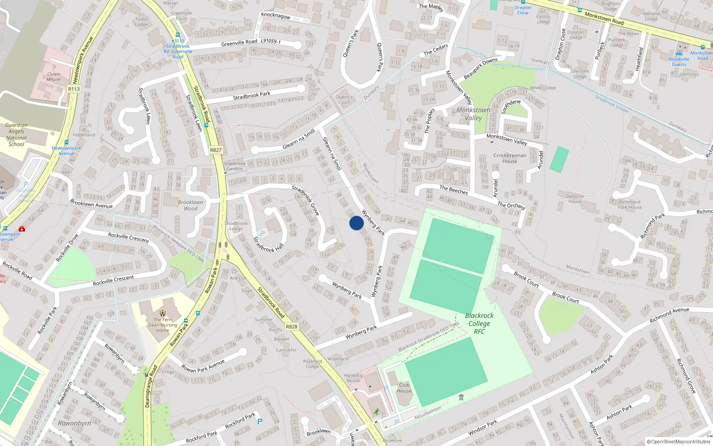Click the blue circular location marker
356,223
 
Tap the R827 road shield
216,150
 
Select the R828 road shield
291,326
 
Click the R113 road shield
74,89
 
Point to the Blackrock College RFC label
479,323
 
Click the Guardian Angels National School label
16,135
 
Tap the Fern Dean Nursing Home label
163,325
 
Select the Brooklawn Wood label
190,205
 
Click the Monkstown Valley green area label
473,114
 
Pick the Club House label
404,388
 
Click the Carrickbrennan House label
510,158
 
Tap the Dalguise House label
575,198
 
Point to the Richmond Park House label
630,204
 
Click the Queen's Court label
344,99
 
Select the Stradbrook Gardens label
235,166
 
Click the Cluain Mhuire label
53,77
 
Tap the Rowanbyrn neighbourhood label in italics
74,423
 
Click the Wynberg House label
353,378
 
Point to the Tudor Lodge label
141,21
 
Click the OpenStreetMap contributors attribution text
679,442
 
